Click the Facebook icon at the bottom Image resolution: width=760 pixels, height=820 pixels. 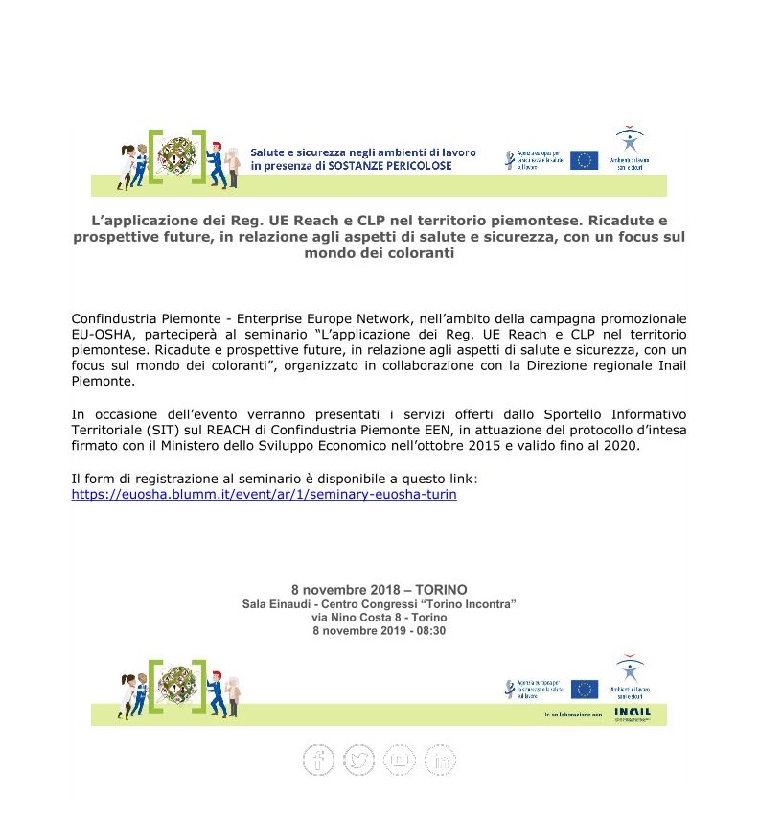319,760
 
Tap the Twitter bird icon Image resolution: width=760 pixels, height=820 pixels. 359,760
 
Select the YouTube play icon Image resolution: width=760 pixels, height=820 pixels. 401,760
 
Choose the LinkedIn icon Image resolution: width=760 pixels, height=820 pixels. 442,760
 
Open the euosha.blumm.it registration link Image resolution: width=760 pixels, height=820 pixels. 264,495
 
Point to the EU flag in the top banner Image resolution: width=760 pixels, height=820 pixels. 584,160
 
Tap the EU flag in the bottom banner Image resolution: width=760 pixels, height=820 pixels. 584,690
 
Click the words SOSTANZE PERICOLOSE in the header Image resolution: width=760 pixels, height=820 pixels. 393,166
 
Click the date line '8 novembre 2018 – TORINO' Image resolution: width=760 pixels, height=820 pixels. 380,589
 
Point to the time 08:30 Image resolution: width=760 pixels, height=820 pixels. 430,631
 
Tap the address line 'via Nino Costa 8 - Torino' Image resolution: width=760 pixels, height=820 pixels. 380,618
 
